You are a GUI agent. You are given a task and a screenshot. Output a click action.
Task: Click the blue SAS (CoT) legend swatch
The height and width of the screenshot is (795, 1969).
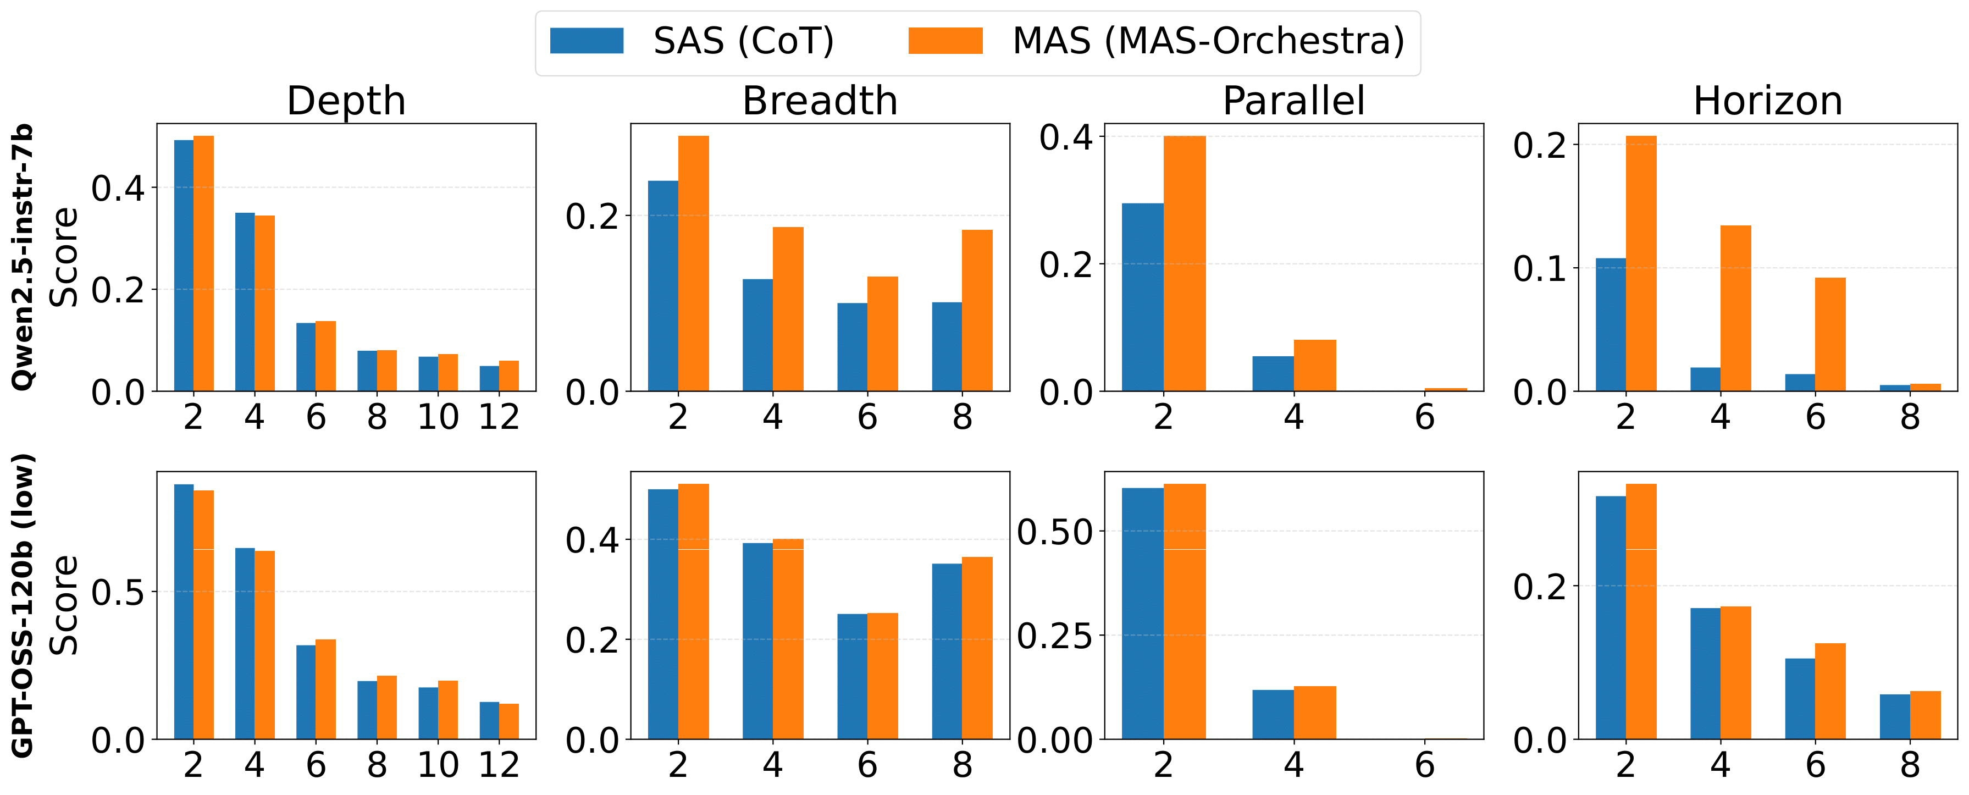point(587,41)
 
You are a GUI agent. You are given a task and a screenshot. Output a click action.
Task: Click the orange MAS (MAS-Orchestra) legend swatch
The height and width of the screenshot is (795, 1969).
point(945,41)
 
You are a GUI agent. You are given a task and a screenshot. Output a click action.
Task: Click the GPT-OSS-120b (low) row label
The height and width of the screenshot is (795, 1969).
point(23,605)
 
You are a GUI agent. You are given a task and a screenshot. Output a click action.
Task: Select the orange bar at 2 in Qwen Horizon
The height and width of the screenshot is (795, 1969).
point(1640,264)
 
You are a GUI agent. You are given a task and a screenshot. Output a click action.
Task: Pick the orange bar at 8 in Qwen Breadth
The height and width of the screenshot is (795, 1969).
point(977,310)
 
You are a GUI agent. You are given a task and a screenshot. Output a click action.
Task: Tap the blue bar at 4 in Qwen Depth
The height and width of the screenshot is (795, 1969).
point(245,302)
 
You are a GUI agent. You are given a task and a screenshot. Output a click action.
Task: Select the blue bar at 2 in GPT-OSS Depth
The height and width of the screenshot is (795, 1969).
point(184,611)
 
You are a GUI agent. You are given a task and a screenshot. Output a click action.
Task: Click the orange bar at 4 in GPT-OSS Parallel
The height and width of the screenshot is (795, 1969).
point(1315,713)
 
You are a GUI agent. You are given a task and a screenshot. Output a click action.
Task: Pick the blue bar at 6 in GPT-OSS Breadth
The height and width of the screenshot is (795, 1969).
point(852,676)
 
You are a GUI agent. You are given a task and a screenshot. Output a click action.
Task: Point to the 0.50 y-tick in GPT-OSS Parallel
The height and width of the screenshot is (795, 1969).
point(1055,531)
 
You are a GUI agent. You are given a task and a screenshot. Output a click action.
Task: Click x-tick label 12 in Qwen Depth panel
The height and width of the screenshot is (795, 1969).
point(499,417)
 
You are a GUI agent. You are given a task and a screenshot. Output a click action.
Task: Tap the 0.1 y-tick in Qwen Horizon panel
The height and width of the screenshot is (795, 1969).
point(1540,269)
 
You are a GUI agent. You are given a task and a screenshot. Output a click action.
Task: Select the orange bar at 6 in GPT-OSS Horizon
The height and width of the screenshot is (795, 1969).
point(1830,691)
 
